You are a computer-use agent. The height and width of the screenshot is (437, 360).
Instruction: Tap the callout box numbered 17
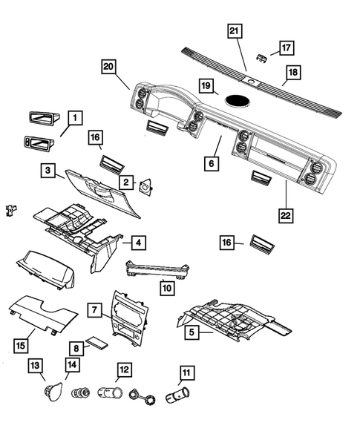[287, 47]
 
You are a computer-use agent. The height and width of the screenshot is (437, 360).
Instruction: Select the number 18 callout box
[294, 73]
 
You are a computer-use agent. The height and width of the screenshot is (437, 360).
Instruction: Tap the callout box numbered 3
[47, 171]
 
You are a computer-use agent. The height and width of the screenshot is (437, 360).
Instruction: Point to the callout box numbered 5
[191, 333]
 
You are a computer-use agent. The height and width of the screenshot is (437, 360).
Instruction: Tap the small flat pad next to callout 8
[96, 344]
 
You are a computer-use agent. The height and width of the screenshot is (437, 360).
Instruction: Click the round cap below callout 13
[52, 390]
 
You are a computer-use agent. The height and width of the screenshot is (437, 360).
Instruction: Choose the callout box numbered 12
[124, 368]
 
